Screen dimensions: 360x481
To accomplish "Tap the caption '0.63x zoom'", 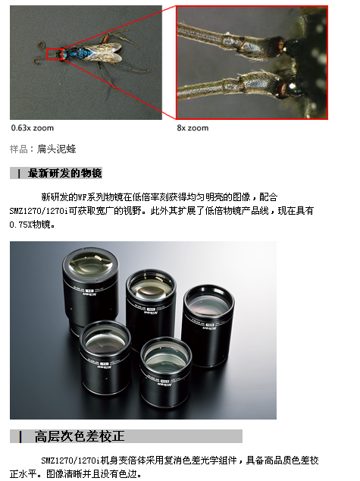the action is [33, 128].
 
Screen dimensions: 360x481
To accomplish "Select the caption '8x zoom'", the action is [193, 128].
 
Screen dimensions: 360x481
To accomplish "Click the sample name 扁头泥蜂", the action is [56, 149].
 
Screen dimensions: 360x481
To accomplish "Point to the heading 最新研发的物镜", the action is [64, 173].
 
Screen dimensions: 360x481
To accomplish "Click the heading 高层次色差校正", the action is [80, 436].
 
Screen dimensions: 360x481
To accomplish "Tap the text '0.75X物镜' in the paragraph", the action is [32, 225].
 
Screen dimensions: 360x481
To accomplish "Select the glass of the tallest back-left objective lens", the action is [91, 265].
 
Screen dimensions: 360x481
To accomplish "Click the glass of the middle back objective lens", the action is [151, 288].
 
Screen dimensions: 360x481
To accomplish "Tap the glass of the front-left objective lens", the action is [105, 339].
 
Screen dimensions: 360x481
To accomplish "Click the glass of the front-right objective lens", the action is [166, 356].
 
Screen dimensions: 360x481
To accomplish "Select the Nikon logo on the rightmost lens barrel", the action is [210, 329].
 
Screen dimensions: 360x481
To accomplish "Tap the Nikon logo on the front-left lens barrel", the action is [105, 367].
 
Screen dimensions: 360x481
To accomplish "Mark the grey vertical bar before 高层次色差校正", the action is [20, 436].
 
